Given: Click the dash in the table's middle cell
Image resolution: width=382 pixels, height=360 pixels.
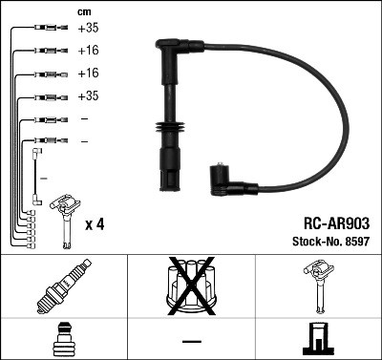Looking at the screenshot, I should (190, 339).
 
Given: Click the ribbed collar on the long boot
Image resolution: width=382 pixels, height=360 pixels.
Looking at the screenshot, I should (168, 131).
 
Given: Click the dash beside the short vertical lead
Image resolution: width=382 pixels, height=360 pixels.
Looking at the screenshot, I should (43, 179).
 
